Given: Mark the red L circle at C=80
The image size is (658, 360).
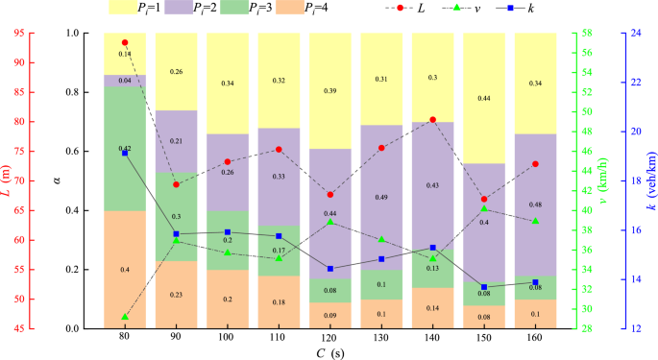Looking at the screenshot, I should [x=125, y=43].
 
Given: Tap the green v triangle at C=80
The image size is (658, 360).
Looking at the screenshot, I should [x=125, y=317].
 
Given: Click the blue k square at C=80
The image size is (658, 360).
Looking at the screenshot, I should [x=125, y=154].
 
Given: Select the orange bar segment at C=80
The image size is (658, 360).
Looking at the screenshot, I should [x=125, y=270].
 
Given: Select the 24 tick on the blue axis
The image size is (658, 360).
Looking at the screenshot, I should [x=633, y=33].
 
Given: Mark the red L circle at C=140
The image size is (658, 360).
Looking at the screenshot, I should [x=432, y=120].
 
